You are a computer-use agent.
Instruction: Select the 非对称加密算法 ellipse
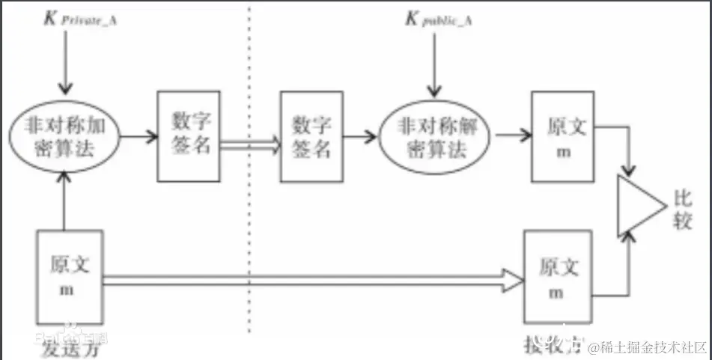click(65, 136)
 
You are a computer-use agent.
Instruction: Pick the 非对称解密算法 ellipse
click(432, 136)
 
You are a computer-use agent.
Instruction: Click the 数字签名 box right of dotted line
click(311, 136)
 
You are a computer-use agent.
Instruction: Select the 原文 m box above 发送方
click(69, 275)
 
